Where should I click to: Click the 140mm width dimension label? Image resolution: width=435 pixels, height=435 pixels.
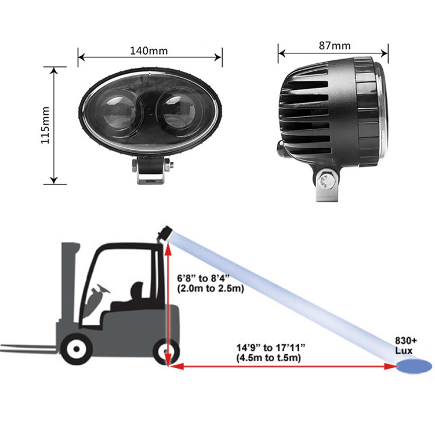(x=149, y=51)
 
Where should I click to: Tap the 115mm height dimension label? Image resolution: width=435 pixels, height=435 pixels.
(x=45, y=125)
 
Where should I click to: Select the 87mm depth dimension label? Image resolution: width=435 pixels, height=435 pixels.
(x=335, y=45)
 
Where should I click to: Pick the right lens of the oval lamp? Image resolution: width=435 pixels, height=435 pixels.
(x=177, y=113)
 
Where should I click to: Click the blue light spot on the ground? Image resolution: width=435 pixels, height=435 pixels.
(x=414, y=367)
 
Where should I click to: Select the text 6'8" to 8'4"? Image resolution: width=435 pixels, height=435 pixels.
(x=204, y=278)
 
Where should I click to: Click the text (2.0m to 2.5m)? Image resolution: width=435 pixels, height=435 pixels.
(x=211, y=288)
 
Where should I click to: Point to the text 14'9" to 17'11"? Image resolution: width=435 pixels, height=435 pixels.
(x=270, y=347)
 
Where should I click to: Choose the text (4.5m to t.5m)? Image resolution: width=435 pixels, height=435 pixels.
(x=269, y=358)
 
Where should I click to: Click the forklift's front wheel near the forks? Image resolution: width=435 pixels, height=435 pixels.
(x=76, y=349)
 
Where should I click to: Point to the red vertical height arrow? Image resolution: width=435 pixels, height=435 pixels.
(x=168, y=303)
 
